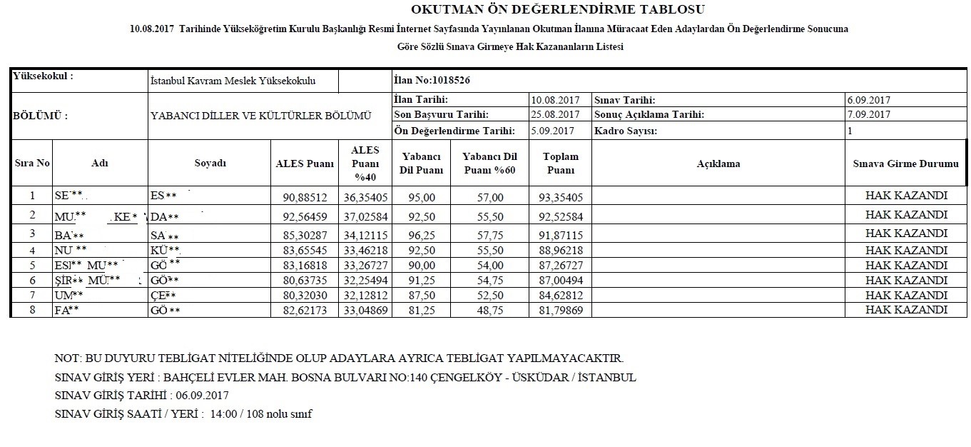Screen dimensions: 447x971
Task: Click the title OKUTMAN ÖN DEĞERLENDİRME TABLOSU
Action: click(x=558, y=9)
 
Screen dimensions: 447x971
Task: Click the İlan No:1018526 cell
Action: click(x=432, y=81)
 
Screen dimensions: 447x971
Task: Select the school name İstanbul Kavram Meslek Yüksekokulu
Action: click(x=233, y=81)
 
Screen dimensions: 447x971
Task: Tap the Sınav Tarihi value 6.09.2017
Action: click(x=869, y=101)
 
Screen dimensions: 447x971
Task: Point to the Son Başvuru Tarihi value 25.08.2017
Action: click(x=555, y=115)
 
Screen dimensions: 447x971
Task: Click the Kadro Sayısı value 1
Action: click(x=850, y=131)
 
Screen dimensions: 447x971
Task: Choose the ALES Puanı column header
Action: click(x=305, y=164)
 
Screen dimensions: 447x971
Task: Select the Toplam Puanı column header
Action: click(x=561, y=164)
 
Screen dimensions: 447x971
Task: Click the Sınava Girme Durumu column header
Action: click(x=905, y=164)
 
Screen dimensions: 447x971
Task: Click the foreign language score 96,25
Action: click(x=423, y=234)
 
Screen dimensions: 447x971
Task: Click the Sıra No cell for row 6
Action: click(x=32, y=280)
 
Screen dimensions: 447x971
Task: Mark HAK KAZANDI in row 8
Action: click(x=906, y=310)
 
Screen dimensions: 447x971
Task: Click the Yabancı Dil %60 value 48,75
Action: click(x=489, y=310)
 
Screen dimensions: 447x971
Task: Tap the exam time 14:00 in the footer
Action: click(x=223, y=414)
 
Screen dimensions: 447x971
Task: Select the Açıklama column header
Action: click(x=718, y=164)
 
